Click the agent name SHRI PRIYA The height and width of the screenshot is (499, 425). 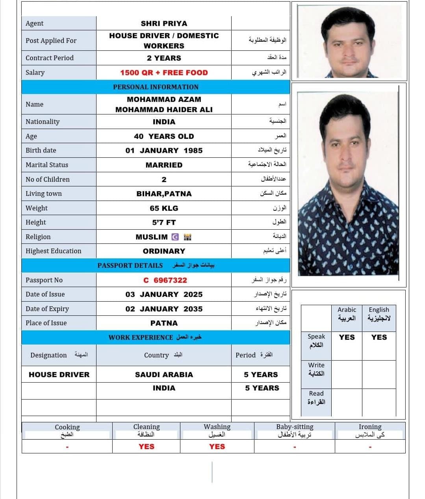164,24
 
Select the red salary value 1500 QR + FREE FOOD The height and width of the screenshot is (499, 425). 164,73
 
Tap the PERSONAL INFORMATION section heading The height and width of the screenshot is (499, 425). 156,87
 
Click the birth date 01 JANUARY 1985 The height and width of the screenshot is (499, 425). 164,151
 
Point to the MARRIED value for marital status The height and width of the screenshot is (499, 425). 164,165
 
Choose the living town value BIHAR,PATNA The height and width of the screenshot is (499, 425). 164,194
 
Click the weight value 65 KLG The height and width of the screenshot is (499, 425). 164,208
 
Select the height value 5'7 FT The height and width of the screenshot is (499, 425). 164,223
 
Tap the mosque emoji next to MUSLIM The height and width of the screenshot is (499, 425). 187,237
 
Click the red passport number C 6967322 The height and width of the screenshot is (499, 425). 165,280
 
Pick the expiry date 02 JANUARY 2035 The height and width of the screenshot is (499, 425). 164,309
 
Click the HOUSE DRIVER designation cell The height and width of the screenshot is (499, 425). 59,375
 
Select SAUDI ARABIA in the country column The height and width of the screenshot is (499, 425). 164,375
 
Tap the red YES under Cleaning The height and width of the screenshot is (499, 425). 146,447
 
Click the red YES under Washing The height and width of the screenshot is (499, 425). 217,447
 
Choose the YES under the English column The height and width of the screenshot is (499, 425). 379,337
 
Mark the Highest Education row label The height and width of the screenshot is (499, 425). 54,251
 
